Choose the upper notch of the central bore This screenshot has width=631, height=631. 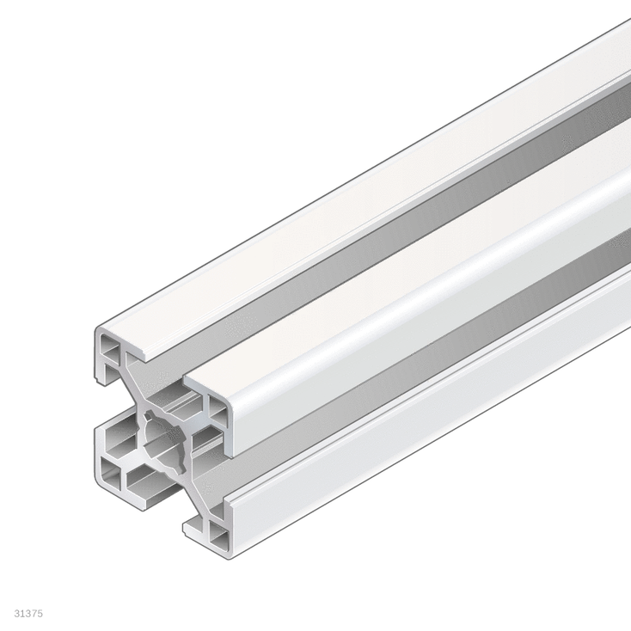pyautogui.click(x=151, y=415)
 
